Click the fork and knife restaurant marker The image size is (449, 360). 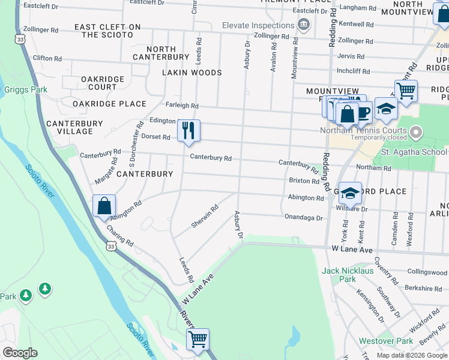tap(188, 130)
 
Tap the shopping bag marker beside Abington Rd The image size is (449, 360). tap(104, 206)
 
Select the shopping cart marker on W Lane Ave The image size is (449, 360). tap(197, 340)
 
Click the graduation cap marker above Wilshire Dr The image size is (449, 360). tap(350, 193)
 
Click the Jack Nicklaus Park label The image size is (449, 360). tap(347, 275)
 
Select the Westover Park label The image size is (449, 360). tap(386, 341)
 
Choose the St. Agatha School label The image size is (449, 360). tap(410, 152)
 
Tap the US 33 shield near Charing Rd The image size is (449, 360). tap(110, 246)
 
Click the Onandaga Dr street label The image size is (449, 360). tap(303, 218)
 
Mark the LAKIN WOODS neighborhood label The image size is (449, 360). tap(192, 73)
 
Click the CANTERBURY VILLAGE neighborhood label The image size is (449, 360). tap(74, 127)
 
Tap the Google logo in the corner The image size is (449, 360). tap(20, 353)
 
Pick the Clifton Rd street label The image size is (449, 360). tap(47, 58)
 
